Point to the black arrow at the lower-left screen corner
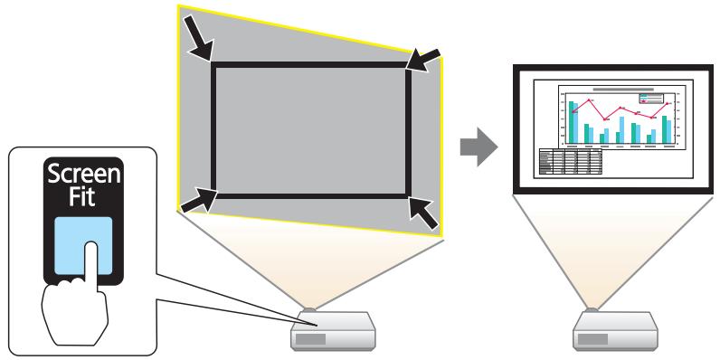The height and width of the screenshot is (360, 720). coord(200,202)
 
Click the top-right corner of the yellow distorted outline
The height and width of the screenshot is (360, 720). coord(443,56)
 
